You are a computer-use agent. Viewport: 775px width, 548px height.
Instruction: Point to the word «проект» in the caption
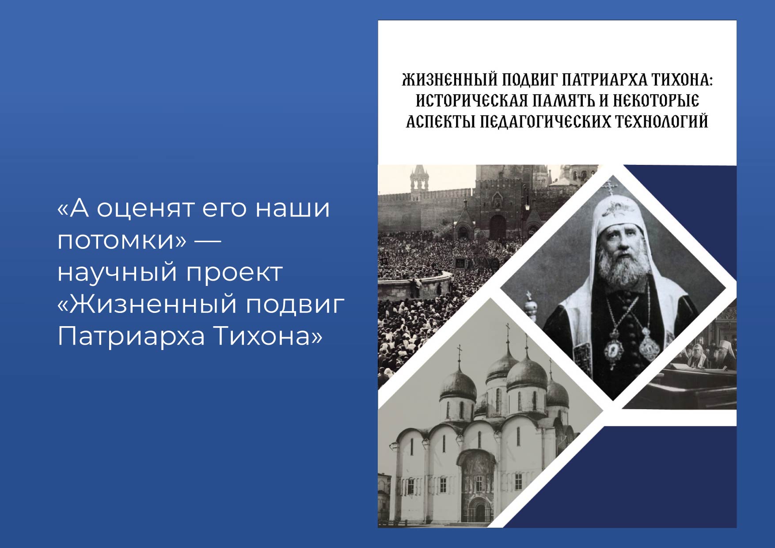[x=234, y=273]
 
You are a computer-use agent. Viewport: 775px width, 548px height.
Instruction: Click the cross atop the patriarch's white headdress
[x=609, y=186]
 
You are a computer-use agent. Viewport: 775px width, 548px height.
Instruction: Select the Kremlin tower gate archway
[x=498, y=227]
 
